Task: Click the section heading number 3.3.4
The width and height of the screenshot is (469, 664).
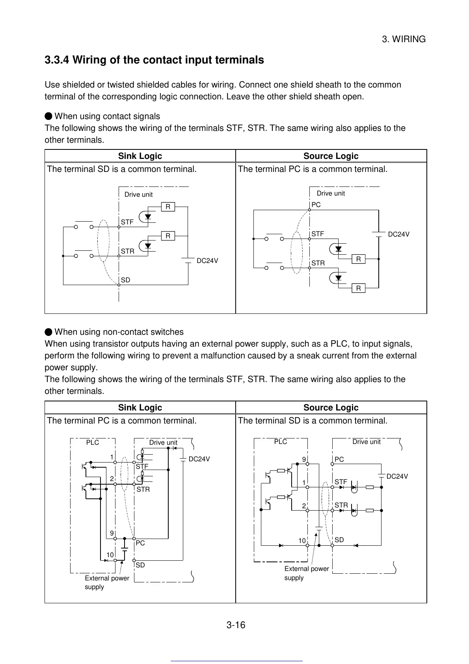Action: pos(57,60)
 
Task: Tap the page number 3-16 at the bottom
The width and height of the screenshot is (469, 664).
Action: pos(236,625)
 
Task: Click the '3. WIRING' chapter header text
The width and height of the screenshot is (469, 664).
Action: pos(404,39)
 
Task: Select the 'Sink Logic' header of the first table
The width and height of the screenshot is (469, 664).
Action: pos(140,156)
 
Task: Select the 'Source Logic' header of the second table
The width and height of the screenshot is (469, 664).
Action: pos(331,408)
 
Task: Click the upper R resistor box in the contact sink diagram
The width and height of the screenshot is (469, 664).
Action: pos(168,207)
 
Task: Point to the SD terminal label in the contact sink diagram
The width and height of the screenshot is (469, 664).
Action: pos(125,280)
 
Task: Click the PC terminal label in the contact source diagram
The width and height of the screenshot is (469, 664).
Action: pos(316,205)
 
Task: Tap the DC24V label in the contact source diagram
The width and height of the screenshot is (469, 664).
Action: pos(398,235)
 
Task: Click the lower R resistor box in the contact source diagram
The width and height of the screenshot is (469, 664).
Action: pos(358,289)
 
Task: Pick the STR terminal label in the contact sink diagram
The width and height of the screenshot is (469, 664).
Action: pos(127,251)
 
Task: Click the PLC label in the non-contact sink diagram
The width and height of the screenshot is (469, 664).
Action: pos(93,443)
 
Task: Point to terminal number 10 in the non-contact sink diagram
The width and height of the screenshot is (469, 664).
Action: pos(110,555)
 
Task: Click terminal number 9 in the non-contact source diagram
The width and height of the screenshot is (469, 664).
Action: pos(304,459)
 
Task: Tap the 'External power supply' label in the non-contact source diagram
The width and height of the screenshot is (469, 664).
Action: pos(306,573)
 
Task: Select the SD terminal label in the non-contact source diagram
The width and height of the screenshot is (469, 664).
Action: pos(339,540)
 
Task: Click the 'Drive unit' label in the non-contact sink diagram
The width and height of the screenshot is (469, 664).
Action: pos(163,443)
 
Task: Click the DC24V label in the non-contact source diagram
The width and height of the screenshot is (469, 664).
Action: pos(397,477)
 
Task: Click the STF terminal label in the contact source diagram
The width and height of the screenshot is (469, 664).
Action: pos(318,234)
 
